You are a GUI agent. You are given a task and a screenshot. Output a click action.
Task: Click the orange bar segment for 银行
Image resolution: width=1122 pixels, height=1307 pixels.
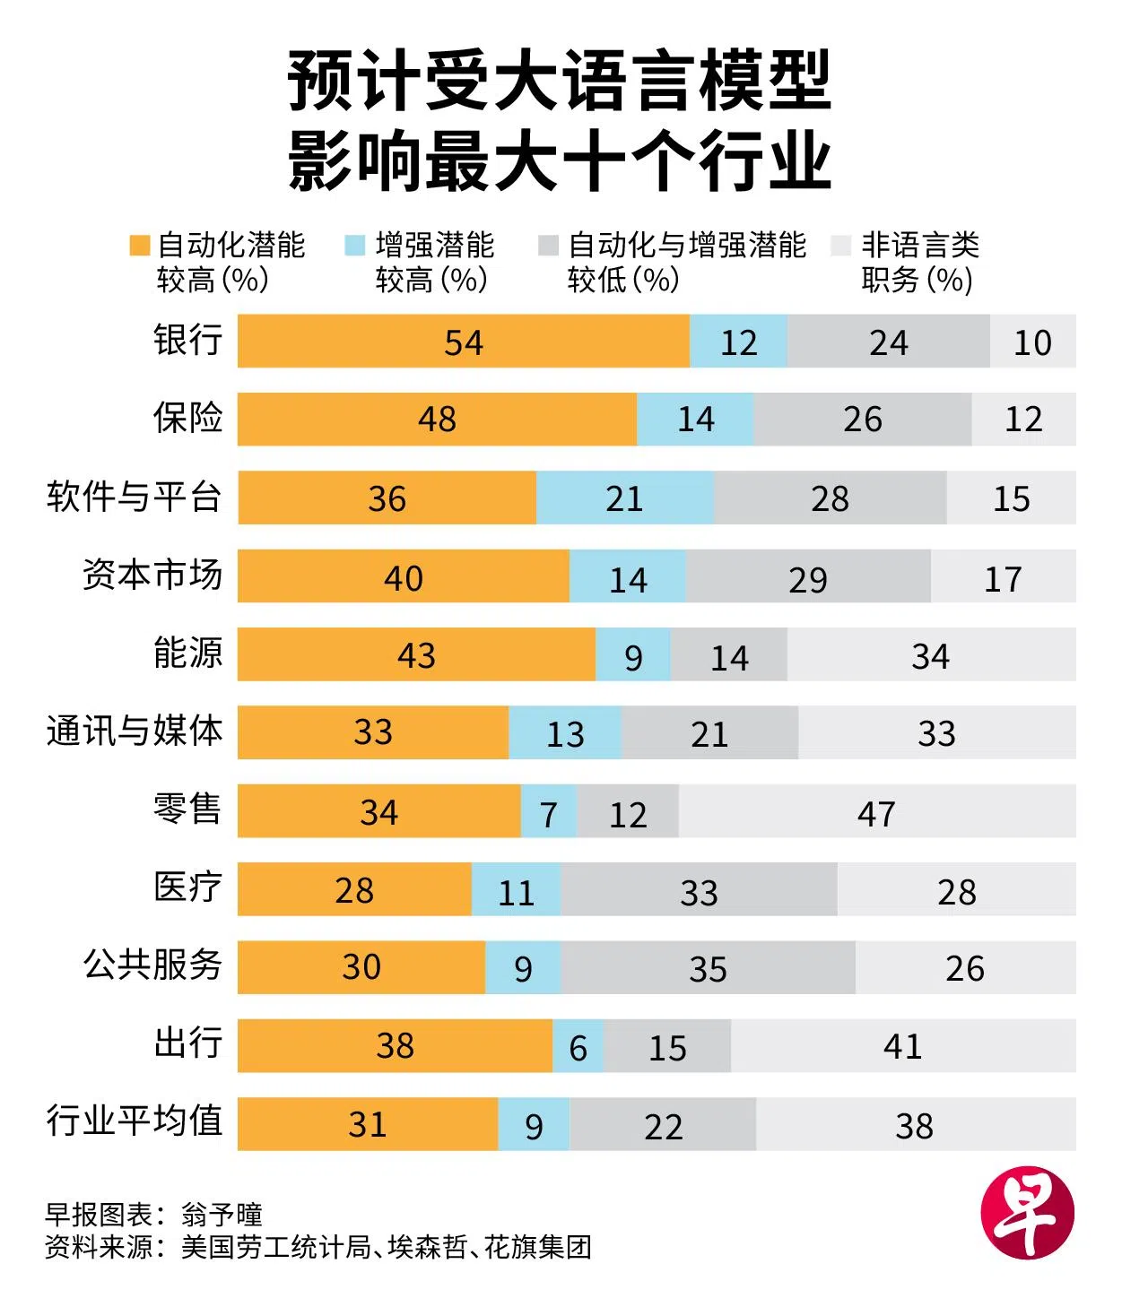(463, 341)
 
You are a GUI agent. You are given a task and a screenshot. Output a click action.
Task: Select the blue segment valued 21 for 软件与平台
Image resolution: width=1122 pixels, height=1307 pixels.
(624, 498)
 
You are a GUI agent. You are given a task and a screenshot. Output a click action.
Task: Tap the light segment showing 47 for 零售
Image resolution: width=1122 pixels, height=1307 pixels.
(876, 812)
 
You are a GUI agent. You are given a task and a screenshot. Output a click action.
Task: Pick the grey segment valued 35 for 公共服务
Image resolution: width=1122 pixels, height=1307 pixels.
(708, 968)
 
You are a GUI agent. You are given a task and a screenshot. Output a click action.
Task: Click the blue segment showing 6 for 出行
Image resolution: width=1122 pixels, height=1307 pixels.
(578, 1046)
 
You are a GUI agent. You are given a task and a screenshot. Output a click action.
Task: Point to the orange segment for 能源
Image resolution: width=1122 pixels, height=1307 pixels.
(416, 654)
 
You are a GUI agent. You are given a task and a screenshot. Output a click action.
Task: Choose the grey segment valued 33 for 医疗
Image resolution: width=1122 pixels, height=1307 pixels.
(699, 890)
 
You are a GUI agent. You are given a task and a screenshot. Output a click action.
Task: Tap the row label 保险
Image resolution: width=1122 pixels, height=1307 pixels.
(187, 418)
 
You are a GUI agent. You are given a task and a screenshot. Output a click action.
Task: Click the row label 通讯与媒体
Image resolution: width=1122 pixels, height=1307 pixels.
(135, 731)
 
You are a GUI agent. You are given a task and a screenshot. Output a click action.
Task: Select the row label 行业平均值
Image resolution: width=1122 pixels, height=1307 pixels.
(135, 1121)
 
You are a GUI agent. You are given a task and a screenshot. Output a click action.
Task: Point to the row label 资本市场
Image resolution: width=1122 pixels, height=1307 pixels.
(152, 575)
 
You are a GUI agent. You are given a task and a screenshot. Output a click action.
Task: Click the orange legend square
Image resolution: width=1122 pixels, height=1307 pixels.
(139, 246)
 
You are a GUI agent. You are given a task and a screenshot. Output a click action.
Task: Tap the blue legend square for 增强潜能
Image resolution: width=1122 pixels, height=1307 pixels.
(355, 246)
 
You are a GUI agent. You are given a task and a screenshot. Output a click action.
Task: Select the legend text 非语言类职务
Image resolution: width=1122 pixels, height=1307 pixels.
(919, 262)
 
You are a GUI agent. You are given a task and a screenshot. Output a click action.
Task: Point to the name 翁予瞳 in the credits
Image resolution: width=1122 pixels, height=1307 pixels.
(222, 1215)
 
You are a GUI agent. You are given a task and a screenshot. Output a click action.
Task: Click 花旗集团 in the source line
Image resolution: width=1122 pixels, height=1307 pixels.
(538, 1247)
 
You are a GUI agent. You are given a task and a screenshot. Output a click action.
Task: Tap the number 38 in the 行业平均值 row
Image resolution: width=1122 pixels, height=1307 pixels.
(914, 1126)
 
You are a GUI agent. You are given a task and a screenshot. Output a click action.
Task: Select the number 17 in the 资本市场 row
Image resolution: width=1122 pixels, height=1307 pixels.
(1002, 579)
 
